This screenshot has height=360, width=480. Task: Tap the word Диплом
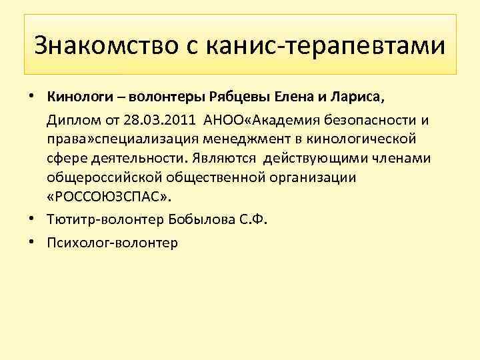(x=71, y=119)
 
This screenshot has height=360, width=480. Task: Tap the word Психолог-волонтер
(x=112, y=242)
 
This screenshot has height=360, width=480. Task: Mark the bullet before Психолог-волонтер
(x=32, y=241)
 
